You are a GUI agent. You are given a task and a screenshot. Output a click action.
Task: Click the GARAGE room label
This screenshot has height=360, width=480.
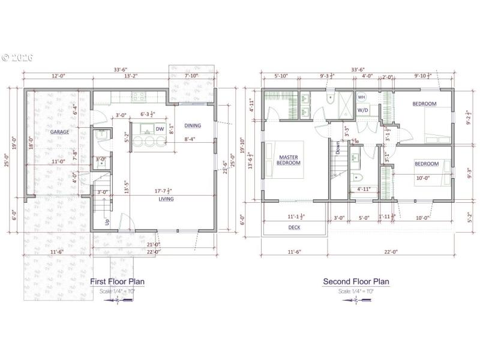[59, 131]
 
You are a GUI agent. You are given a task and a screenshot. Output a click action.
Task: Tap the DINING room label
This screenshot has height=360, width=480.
[193, 125]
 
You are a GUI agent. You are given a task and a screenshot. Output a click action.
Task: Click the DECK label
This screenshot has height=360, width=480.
[294, 227]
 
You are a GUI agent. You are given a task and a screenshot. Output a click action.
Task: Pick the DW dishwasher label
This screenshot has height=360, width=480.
[160, 129]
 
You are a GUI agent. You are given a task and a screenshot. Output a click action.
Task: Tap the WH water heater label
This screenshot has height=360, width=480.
[361, 97]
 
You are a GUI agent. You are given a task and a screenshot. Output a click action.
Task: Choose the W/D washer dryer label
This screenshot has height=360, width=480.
[363, 110]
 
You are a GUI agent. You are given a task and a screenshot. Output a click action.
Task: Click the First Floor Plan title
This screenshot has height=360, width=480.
[117, 281]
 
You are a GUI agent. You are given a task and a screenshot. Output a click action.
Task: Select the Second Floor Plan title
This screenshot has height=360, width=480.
[356, 281]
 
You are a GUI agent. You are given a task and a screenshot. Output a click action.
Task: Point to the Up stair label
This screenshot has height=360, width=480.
[107, 221]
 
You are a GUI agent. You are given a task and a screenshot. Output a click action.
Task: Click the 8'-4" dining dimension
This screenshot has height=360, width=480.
[192, 140]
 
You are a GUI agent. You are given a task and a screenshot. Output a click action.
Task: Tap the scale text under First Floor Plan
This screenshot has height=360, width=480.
[118, 291]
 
